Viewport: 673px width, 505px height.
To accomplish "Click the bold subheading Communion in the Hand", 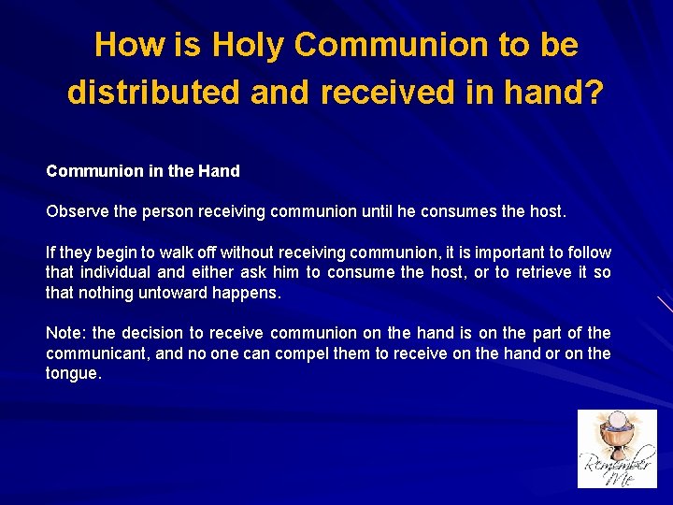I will (143, 171).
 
